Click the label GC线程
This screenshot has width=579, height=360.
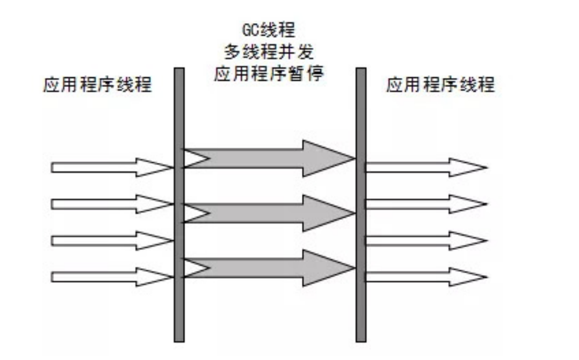point(269,28)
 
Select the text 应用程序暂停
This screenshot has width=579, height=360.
point(269,74)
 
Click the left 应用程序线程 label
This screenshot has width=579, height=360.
point(97,85)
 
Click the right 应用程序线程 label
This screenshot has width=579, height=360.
point(440,85)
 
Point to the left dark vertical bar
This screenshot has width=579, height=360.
point(179,204)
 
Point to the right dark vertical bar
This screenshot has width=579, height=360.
point(361,204)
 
